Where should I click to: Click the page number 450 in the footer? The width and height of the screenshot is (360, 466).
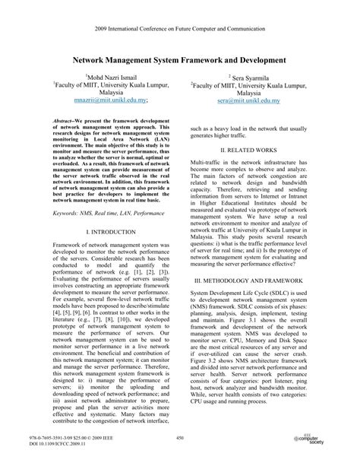180,437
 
